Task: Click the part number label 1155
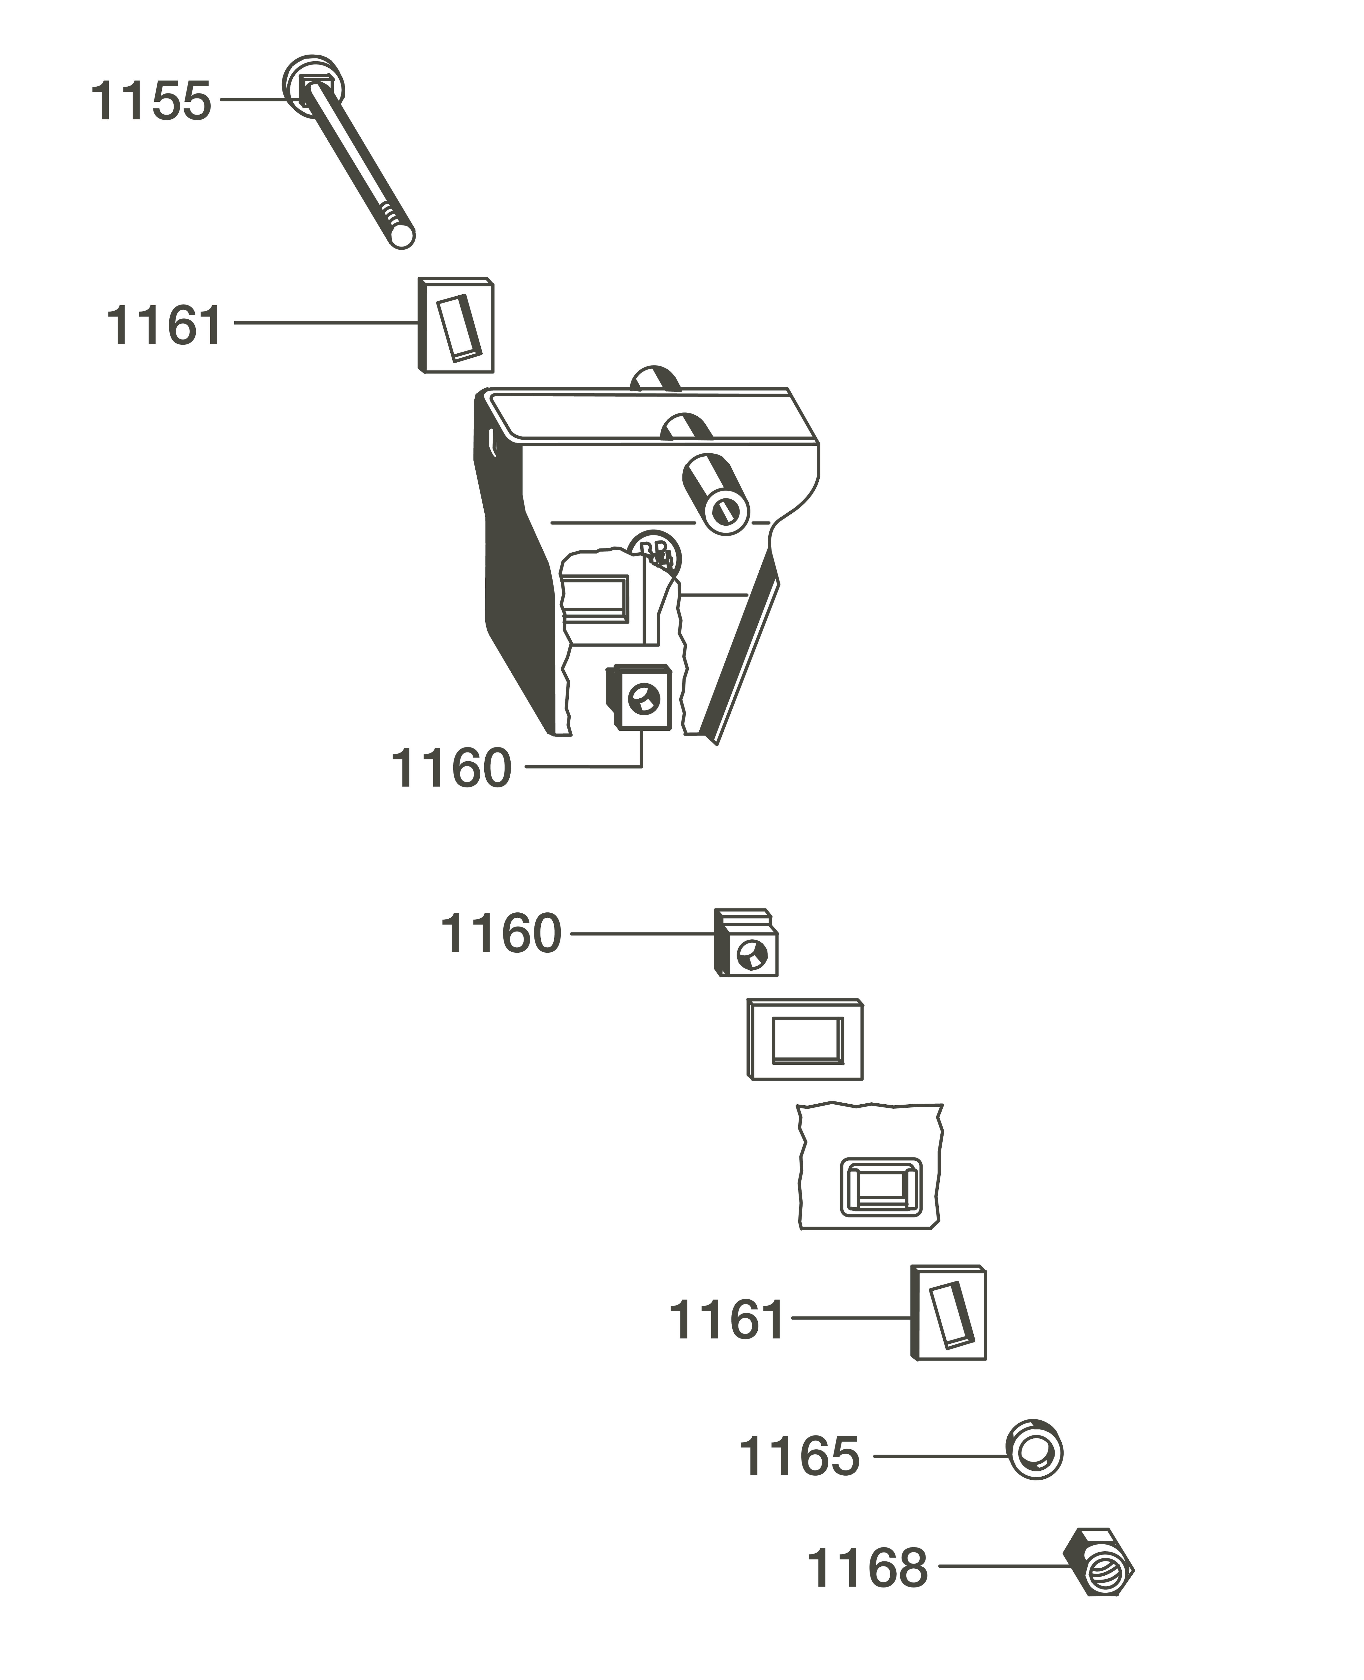151,101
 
